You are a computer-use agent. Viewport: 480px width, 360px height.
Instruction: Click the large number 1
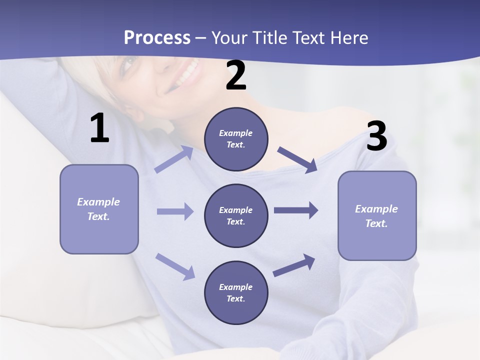tap(99, 128)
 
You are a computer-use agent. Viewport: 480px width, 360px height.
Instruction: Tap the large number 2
tap(236, 75)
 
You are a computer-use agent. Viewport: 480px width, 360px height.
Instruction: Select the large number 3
tap(376, 136)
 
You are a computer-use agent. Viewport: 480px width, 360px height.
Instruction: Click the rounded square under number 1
tap(99, 209)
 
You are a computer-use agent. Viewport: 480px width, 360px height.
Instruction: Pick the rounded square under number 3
tap(377, 216)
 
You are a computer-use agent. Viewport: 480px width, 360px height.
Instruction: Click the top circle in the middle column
tap(236, 139)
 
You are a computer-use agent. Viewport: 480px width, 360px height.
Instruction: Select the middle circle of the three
tap(236, 216)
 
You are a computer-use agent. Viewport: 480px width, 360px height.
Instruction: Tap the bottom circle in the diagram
tap(236, 293)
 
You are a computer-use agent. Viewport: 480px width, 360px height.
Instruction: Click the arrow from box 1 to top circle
tap(174, 159)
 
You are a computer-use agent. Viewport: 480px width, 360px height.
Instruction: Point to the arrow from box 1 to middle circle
tap(175, 211)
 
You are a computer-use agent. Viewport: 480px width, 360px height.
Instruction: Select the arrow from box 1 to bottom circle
tap(175, 266)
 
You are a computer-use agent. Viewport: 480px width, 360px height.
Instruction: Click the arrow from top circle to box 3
tap(297, 159)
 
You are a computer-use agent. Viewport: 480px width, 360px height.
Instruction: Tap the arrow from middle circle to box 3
tap(295, 210)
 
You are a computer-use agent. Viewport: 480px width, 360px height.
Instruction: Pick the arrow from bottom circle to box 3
tap(294, 265)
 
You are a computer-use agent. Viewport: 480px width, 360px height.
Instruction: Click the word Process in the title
tap(157, 37)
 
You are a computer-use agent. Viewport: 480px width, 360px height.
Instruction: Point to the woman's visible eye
tap(128, 64)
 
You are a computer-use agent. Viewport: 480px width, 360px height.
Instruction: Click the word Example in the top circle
tap(235, 133)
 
